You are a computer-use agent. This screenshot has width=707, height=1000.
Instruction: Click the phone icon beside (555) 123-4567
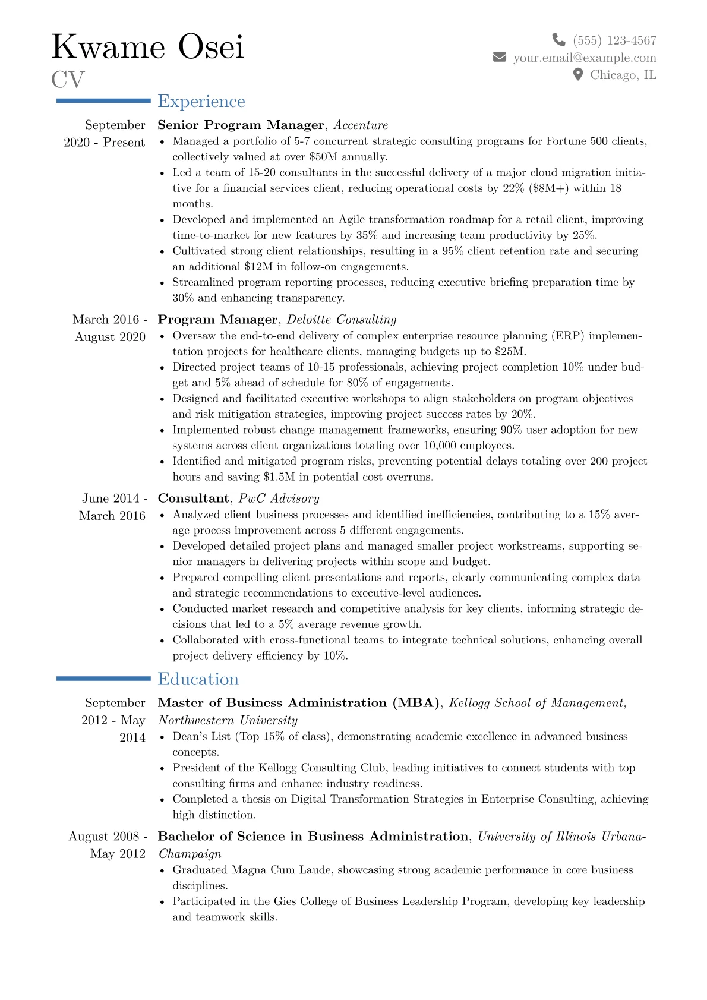click(558, 40)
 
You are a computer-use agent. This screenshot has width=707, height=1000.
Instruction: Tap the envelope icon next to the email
click(500, 57)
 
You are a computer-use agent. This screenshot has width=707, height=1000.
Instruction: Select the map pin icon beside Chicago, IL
click(577, 75)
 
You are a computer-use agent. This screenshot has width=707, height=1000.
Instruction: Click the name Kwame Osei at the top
click(148, 47)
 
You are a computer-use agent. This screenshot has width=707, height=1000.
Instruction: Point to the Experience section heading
click(201, 102)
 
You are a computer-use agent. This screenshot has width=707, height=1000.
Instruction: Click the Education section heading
click(198, 679)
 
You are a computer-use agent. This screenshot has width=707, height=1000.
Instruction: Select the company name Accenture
click(361, 125)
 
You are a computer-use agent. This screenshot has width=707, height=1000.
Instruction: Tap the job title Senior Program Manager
click(241, 125)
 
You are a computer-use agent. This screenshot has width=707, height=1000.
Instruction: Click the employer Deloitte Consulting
click(342, 320)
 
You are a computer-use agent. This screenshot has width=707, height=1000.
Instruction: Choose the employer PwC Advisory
click(279, 499)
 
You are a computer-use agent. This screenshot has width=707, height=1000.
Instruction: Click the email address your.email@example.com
click(585, 58)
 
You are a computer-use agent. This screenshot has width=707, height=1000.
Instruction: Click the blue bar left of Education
click(103, 679)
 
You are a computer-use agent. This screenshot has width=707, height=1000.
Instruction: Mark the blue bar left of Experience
click(103, 101)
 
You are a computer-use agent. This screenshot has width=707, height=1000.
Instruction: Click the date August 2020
click(110, 337)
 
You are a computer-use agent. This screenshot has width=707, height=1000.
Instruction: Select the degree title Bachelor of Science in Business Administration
click(313, 837)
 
